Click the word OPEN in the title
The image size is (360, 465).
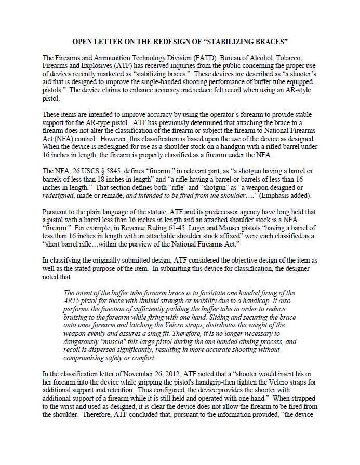point(83,41)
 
